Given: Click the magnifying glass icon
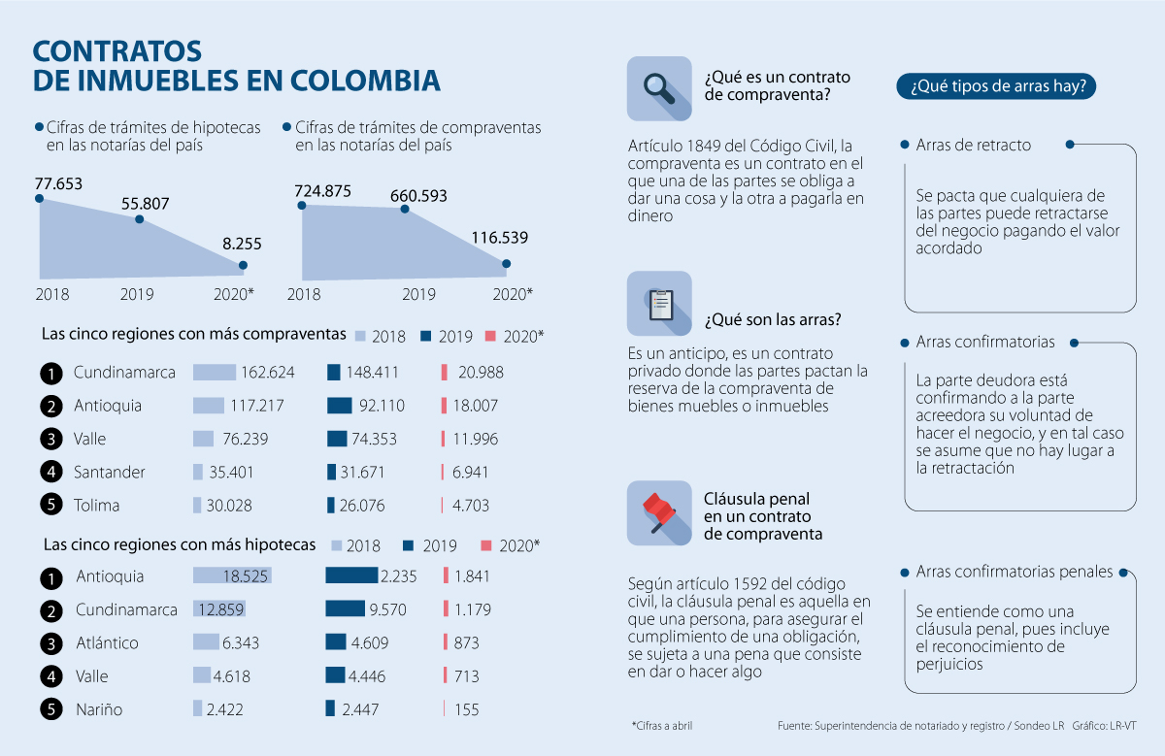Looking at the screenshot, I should pos(659,88).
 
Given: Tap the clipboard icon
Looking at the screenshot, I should pos(659,303).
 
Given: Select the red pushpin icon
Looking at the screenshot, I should pos(659,512).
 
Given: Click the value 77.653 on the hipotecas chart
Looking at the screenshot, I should pos(59,183).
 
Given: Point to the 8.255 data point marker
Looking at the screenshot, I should pos(243,265).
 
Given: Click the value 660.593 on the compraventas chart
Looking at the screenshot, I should pos(418,195).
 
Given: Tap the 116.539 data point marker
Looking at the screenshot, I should pos(506,263).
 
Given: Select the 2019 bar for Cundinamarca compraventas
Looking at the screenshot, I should pos(334,373).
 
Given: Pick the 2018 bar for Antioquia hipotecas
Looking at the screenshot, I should pos(232,576).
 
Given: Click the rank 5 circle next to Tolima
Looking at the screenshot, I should pos(50,506).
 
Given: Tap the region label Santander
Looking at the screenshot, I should pos(109,473).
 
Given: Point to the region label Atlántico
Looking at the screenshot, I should pos(107,643).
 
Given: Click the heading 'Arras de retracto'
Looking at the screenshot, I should pos(973,146).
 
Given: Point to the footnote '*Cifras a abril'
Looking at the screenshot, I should pos(662,726).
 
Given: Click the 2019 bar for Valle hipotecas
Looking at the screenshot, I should pos(335,675).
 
